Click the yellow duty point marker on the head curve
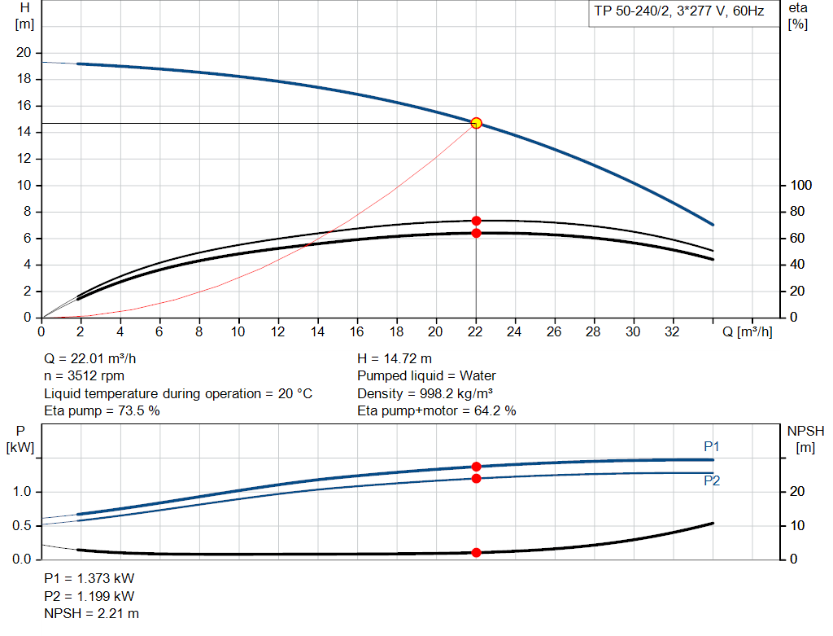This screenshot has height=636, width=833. (x=477, y=123)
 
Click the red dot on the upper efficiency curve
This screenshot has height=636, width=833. (x=477, y=221)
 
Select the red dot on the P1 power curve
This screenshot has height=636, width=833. (x=477, y=467)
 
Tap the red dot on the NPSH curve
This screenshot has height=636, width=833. (x=477, y=552)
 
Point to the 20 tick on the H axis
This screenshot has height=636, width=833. (x=24, y=53)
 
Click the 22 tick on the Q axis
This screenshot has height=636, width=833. (x=475, y=331)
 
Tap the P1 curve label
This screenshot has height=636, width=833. (x=712, y=446)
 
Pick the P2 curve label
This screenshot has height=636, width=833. (x=712, y=481)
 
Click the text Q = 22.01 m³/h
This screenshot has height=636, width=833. (x=96, y=358)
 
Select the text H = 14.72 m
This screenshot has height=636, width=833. (x=395, y=358)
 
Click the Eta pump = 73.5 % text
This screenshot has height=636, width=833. (x=102, y=411)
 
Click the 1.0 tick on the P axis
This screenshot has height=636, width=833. (x=22, y=492)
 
